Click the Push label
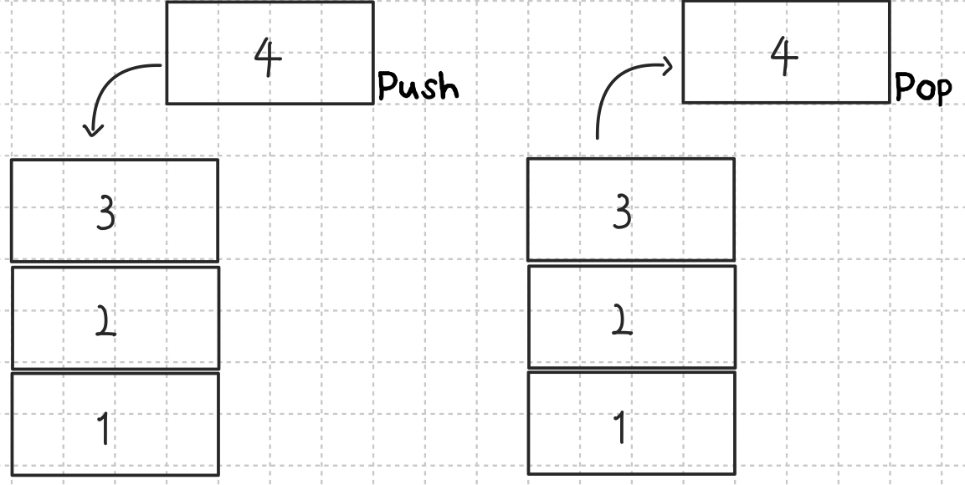click(418, 86)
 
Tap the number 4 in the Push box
click(268, 59)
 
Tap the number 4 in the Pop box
click(784, 57)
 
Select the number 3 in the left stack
click(105, 215)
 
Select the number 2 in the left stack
click(105, 321)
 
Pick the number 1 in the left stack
click(103, 428)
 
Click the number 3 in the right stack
click(622, 214)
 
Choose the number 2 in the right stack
click(622, 320)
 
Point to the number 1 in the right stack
click(619, 427)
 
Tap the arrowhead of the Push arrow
click(93, 130)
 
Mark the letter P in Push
click(387, 85)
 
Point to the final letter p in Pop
click(943, 91)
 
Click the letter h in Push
click(449, 85)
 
